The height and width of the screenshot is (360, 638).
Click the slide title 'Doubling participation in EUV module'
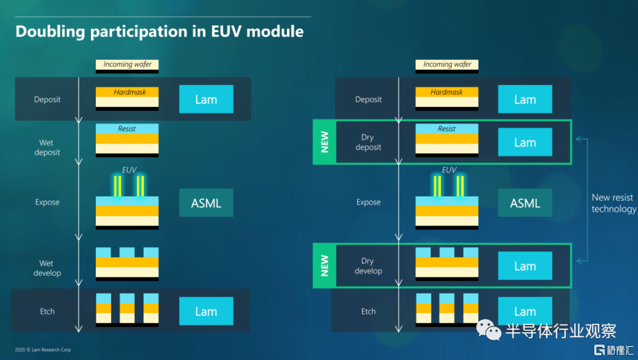coord(159,31)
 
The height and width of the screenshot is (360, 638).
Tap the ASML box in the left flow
coord(206,203)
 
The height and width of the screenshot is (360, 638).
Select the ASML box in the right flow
coord(525,203)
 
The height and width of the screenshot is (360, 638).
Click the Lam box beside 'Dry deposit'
coord(525,142)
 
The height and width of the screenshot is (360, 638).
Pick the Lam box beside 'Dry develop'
coord(525,266)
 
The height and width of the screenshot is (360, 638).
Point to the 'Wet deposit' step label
coord(47,147)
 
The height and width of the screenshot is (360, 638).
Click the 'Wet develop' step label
coord(47,268)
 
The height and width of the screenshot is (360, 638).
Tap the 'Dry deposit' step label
coord(368,142)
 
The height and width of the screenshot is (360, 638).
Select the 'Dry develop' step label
coord(368,266)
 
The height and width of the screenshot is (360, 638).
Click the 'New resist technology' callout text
coord(613,203)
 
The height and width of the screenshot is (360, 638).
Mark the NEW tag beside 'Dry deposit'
coord(324,142)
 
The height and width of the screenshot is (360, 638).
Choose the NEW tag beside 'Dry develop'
coord(324,266)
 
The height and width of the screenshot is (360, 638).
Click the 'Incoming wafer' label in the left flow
coord(127,64)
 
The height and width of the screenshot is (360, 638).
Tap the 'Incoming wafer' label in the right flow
coord(447,64)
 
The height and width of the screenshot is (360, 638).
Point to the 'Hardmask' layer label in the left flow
coord(127,92)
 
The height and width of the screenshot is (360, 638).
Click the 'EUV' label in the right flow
coord(449,170)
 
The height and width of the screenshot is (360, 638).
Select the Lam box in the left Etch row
coord(206,312)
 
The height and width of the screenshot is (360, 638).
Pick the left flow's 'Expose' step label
coord(47,202)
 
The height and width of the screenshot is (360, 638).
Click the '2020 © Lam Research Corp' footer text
coord(43,350)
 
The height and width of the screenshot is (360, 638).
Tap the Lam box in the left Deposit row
coord(206,99)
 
